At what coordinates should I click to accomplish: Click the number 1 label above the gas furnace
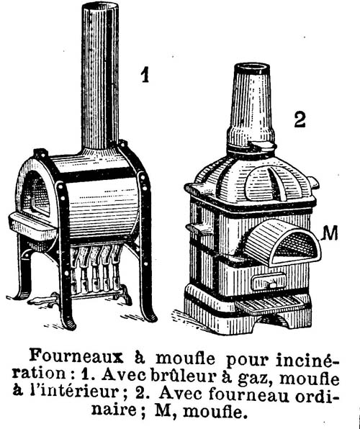click(145, 75)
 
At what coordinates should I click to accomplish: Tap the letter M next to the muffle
click(330, 233)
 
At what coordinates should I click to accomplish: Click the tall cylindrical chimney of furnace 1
click(100, 76)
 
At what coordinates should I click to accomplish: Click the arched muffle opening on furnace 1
click(35, 191)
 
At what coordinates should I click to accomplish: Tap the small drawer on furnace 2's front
click(269, 282)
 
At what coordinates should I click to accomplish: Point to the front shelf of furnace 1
click(33, 226)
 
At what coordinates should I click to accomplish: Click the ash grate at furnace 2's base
click(270, 304)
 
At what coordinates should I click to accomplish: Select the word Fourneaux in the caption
click(76, 357)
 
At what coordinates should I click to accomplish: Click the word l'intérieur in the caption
click(74, 394)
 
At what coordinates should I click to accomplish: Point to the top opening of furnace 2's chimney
click(252, 68)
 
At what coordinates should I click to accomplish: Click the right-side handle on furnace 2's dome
click(313, 182)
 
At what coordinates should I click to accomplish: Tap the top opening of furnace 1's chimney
click(101, 6)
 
